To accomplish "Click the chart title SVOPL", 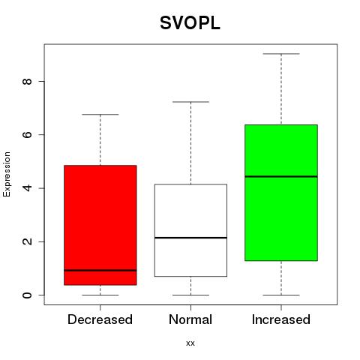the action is pos(190,23).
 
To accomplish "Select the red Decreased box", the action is pos(100,225).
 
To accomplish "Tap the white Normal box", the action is pos(190,230).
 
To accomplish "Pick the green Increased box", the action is pos(281,193).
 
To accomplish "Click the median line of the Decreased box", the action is pos(100,270).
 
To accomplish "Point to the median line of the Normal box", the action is pos(190,238).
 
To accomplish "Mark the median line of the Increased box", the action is pos(281,176).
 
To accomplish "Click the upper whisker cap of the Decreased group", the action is pos(100,115).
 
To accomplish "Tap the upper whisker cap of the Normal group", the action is pos(190,102).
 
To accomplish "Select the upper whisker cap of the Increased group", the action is pos(281,54).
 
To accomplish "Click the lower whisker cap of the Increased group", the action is pos(281,295).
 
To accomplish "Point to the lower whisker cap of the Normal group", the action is pos(190,295).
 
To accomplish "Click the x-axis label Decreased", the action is pos(100,319).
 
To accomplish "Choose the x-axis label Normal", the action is pos(190,319).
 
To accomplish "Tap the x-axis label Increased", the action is pos(281,319).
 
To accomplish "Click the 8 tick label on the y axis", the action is pos(27,82).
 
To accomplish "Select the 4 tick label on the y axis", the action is pos(27,188).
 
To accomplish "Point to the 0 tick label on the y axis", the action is pos(27,295).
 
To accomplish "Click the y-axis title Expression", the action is pos(7,174).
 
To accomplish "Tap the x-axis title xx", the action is pos(190,343).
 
